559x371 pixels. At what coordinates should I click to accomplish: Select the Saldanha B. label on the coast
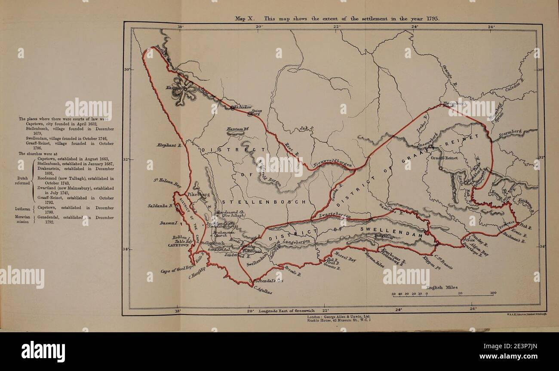click(x=160, y=206)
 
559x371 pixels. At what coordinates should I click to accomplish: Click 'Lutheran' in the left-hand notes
click(x=21, y=210)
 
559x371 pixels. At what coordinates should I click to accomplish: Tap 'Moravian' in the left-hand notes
click(x=22, y=218)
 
